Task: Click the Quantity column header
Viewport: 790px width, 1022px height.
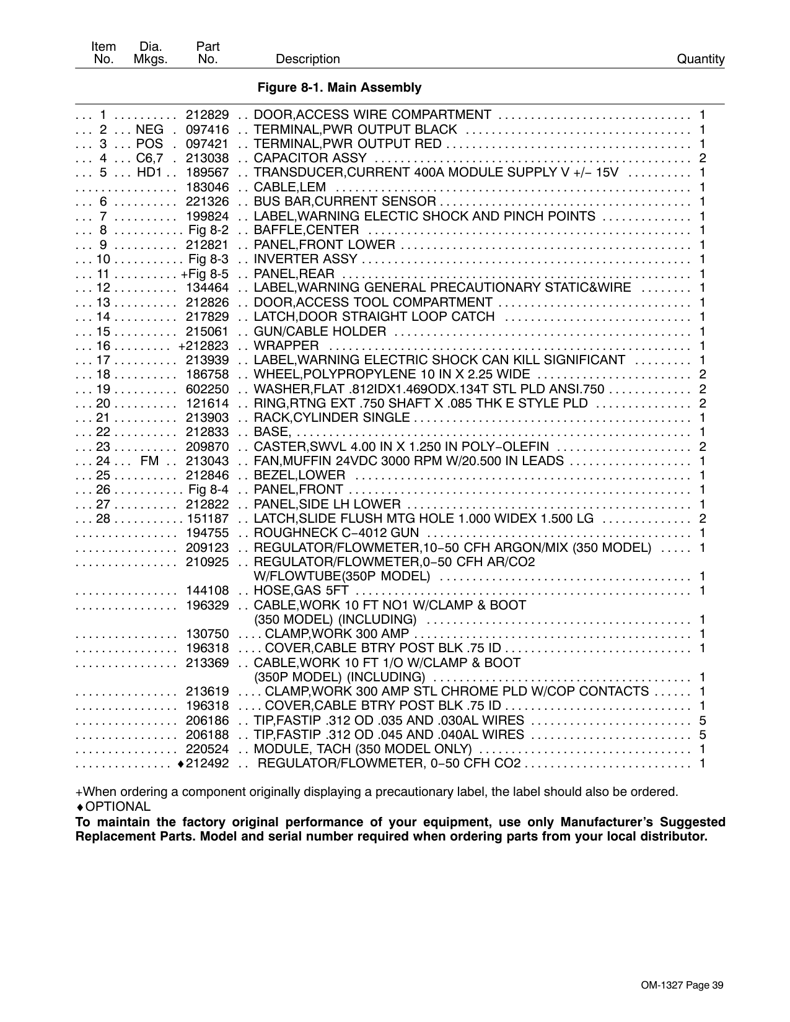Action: click(700, 59)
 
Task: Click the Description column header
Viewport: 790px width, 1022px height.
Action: click(307, 59)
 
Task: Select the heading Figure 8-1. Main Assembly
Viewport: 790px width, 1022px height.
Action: click(339, 88)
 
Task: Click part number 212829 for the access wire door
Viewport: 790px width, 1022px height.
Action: click(208, 115)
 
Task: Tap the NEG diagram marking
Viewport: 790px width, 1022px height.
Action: click(149, 129)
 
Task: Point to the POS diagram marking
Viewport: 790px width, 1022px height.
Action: click(149, 144)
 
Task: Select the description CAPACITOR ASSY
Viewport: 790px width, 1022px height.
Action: click(302, 159)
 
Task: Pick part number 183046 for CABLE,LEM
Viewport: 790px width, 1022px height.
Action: click(208, 187)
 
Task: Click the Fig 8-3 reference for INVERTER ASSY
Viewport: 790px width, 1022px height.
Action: click(209, 259)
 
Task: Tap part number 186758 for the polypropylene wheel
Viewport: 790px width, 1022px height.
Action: click(208, 374)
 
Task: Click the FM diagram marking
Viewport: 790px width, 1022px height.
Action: click(149, 461)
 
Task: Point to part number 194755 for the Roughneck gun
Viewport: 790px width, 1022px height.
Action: click(208, 533)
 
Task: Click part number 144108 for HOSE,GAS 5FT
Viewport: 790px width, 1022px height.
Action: click(208, 591)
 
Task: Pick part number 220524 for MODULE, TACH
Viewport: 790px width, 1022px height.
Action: click(208, 749)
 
